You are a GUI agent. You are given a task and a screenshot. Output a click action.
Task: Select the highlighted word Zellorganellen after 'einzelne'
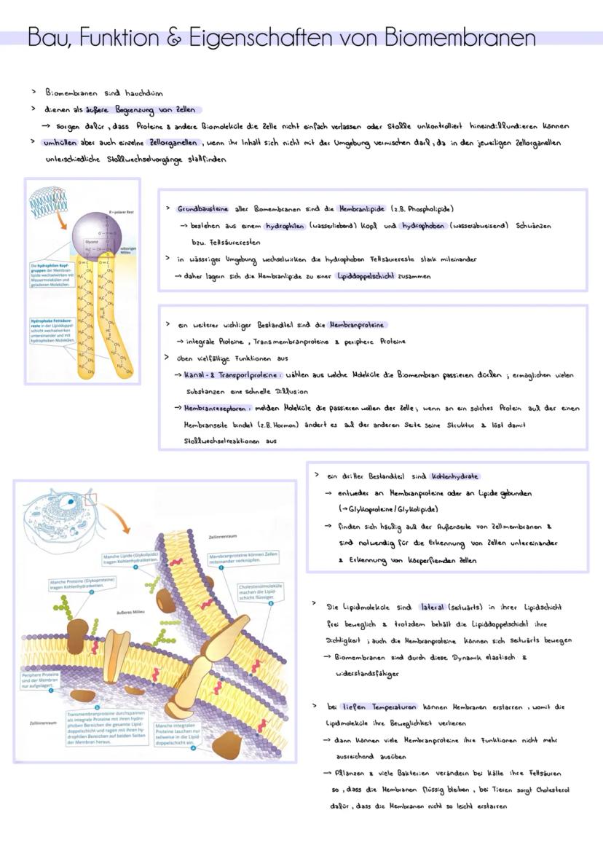click(174, 142)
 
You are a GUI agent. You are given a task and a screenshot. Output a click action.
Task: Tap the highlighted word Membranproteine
click(357, 324)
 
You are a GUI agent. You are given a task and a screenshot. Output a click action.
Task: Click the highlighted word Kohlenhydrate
click(454, 476)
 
